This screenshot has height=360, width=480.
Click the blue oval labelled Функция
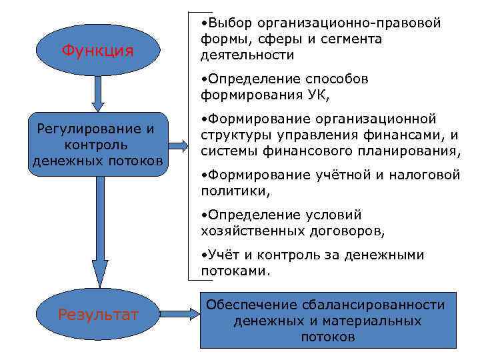(97, 50)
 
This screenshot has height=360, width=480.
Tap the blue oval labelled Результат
(98, 313)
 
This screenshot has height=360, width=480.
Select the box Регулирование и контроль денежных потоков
(97, 144)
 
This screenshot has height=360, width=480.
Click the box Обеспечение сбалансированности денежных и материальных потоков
(327, 321)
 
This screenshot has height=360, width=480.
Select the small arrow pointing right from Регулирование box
(178, 145)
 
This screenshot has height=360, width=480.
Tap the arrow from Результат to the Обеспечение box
(178, 313)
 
